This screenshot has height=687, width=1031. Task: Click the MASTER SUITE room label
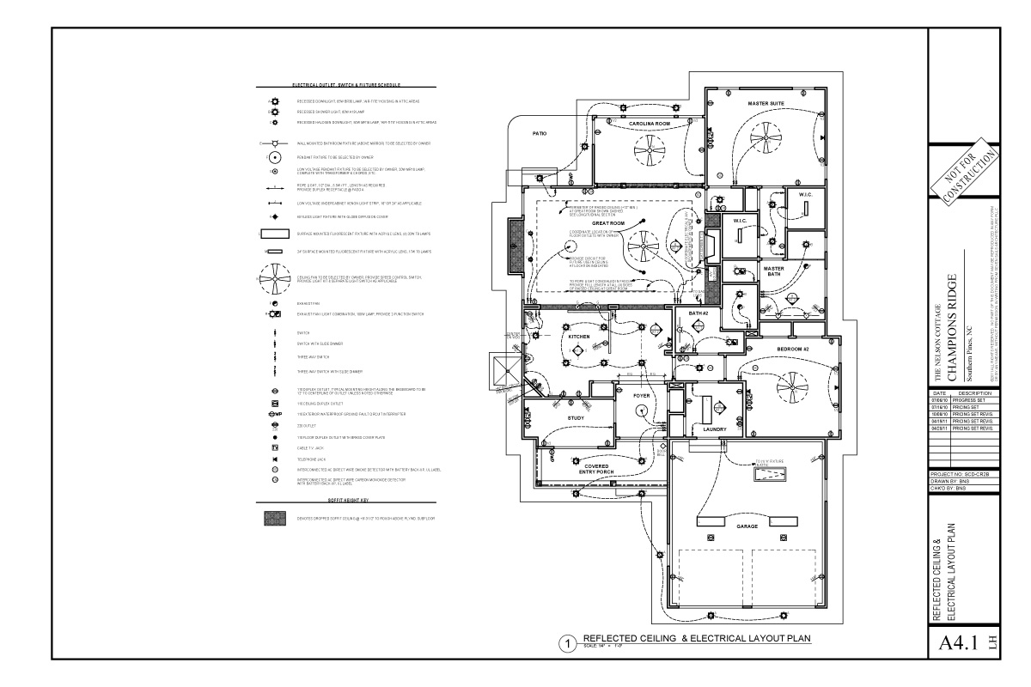pos(765,104)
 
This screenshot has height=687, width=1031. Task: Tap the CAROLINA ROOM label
pos(649,124)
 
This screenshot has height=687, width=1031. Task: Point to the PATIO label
pos(540,134)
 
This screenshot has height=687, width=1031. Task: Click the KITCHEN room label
pos(579,337)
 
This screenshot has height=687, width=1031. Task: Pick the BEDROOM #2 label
pos(795,350)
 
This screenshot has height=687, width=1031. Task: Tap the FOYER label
pos(643,395)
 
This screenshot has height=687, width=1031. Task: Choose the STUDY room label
pos(576,418)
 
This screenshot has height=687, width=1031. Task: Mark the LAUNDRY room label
pos(715,429)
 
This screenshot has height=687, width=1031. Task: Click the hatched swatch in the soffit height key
pos(274,519)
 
